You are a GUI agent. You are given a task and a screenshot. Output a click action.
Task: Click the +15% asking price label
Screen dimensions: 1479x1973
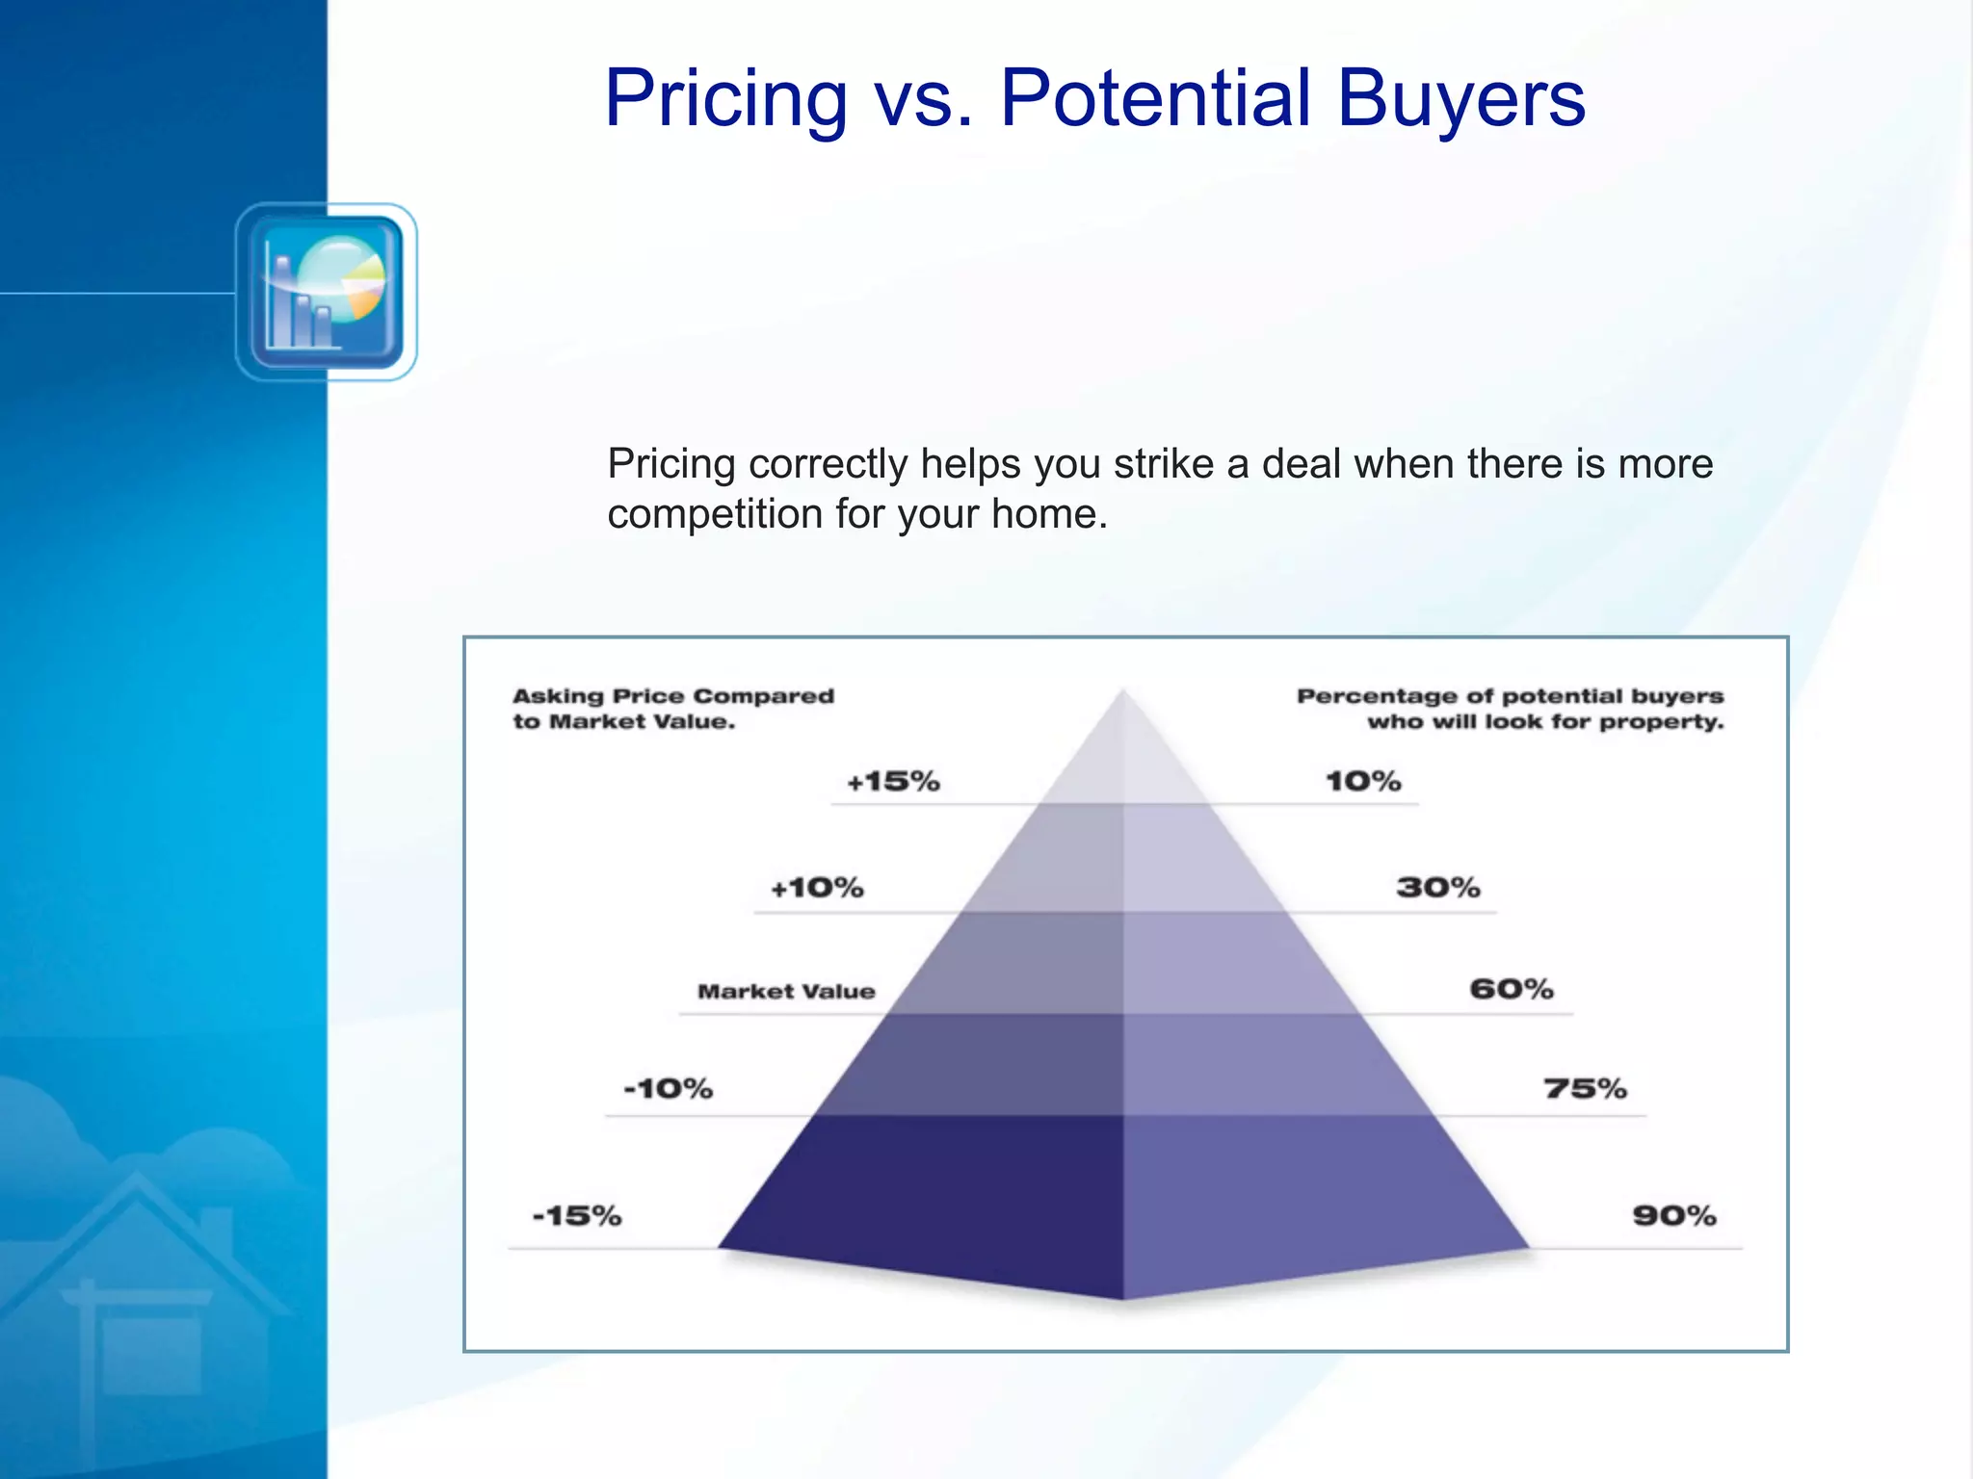coord(893,781)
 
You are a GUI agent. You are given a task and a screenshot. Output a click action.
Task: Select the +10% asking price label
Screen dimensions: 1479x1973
coord(817,887)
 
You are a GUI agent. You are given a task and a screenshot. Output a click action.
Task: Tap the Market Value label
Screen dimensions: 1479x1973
coord(786,991)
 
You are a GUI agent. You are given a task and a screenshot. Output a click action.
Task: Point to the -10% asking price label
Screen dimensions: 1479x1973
coord(669,1089)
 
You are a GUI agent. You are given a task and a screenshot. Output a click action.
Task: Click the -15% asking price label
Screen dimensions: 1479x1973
coord(577,1216)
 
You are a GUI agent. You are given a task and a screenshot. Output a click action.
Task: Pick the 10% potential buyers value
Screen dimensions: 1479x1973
coord(1363,781)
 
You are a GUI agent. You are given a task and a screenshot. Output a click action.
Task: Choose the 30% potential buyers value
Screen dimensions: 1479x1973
coord(1438,887)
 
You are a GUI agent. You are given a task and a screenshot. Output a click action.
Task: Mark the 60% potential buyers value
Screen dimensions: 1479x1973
coord(1512,989)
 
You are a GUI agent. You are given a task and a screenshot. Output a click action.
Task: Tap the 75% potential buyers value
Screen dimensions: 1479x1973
coord(1585,1089)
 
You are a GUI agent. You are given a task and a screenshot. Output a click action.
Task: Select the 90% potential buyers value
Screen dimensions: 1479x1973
coord(1674,1216)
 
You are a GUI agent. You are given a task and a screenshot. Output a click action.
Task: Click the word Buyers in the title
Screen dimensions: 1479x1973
coord(1460,98)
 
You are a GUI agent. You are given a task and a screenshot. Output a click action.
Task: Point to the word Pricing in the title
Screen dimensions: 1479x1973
coord(725,98)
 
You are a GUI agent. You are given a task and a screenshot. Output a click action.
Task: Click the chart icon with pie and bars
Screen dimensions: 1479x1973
coord(327,293)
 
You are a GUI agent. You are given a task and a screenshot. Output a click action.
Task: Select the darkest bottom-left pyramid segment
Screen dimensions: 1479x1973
coord(944,1194)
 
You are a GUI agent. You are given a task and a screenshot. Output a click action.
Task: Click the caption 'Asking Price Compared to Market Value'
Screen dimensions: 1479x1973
coord(672,709)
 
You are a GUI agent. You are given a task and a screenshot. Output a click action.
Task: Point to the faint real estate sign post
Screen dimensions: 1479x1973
coord(88,1367)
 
